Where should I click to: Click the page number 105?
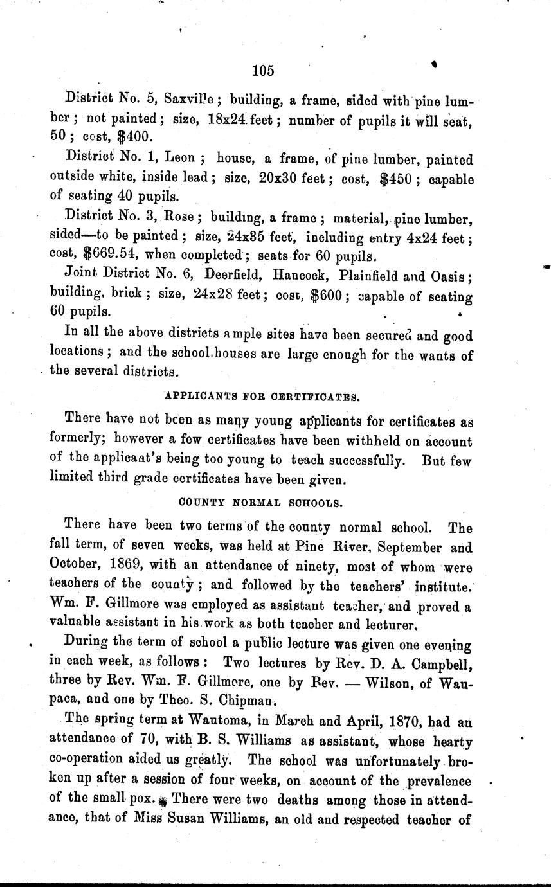click(x=264, y=71)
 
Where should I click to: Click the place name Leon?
click(x=187, y=158)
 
